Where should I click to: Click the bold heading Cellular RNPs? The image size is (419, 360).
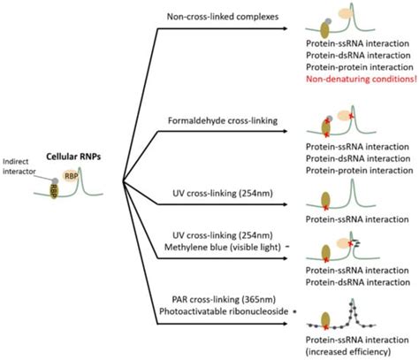73,157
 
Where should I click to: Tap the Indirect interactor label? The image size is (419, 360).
19,166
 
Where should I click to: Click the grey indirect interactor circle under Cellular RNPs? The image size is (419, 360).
55,180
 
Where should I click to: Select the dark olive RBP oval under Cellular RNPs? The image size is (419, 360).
53,190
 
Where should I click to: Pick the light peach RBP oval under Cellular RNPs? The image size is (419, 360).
71,176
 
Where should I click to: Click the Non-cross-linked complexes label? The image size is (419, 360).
223,17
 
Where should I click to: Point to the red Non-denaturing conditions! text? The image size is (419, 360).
362,79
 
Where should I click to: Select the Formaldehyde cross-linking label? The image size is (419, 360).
223,120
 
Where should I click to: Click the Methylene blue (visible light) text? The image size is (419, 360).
223,247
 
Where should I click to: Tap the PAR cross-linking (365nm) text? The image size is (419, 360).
224,300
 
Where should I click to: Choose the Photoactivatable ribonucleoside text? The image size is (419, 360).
224,311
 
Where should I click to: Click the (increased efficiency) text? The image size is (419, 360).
348,352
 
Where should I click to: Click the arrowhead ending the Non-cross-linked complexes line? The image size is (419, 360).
285,28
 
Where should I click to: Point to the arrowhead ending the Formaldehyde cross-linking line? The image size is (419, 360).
285,131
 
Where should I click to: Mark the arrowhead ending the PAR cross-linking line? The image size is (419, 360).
285,324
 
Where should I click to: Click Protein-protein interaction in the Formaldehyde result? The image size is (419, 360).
360,171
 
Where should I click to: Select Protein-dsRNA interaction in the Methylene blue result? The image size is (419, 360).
358,282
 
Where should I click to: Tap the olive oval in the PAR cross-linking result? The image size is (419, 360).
325,319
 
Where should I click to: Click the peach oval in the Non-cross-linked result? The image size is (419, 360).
344,13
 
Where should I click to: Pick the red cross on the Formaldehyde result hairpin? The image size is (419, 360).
351,116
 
